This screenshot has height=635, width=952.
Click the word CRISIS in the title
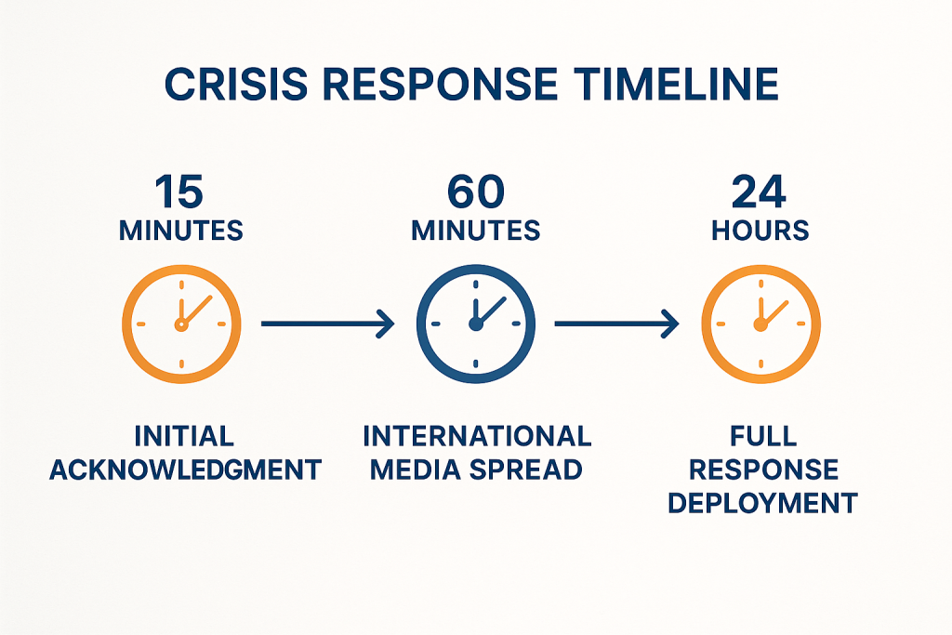(x=236, y=84)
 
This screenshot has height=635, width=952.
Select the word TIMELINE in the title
(x=676, y=84)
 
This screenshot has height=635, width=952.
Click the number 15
(x=179, y=192)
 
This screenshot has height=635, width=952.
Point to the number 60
(x=476, y=192)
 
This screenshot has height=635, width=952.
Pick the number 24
(x=759, y=192)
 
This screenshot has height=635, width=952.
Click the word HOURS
(x=760, y=231)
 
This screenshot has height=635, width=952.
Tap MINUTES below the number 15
(x=181, y=231)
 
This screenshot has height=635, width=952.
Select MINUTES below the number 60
(x=476, y=231)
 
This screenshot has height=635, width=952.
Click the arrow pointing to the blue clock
(x=328, y=324)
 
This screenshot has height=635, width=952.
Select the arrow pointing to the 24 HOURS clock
(x=617, y=324)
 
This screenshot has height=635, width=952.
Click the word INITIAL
(x=184, y=436)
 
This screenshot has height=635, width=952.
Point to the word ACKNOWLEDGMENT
(x=185, y=470)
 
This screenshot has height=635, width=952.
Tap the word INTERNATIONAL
(x=477, y=436)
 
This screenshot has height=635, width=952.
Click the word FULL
(x=763, y=436)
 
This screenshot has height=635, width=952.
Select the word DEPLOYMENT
(x=762, y=503)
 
